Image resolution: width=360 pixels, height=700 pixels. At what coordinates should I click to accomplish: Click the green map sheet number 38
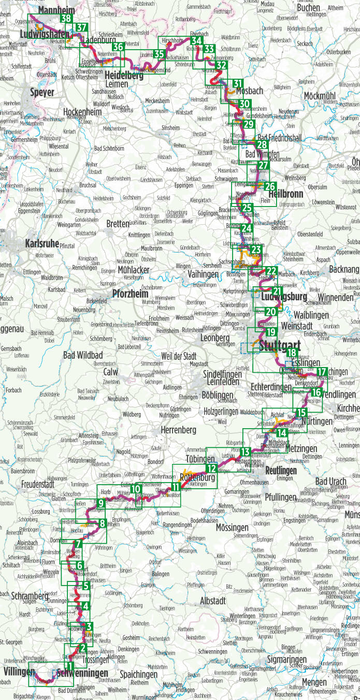pos(66,19)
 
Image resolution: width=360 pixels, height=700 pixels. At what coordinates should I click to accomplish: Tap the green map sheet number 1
pos(69,666)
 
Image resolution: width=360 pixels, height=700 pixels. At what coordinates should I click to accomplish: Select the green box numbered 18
pos(292,353)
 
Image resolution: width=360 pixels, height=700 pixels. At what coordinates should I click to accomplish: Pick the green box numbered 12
pos(211,469)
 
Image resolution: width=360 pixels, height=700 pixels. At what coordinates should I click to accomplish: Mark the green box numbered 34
pos(196,41)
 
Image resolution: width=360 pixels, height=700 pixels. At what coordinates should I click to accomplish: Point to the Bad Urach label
pos(330,481)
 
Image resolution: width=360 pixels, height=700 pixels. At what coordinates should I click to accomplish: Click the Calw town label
pos(111,372)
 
